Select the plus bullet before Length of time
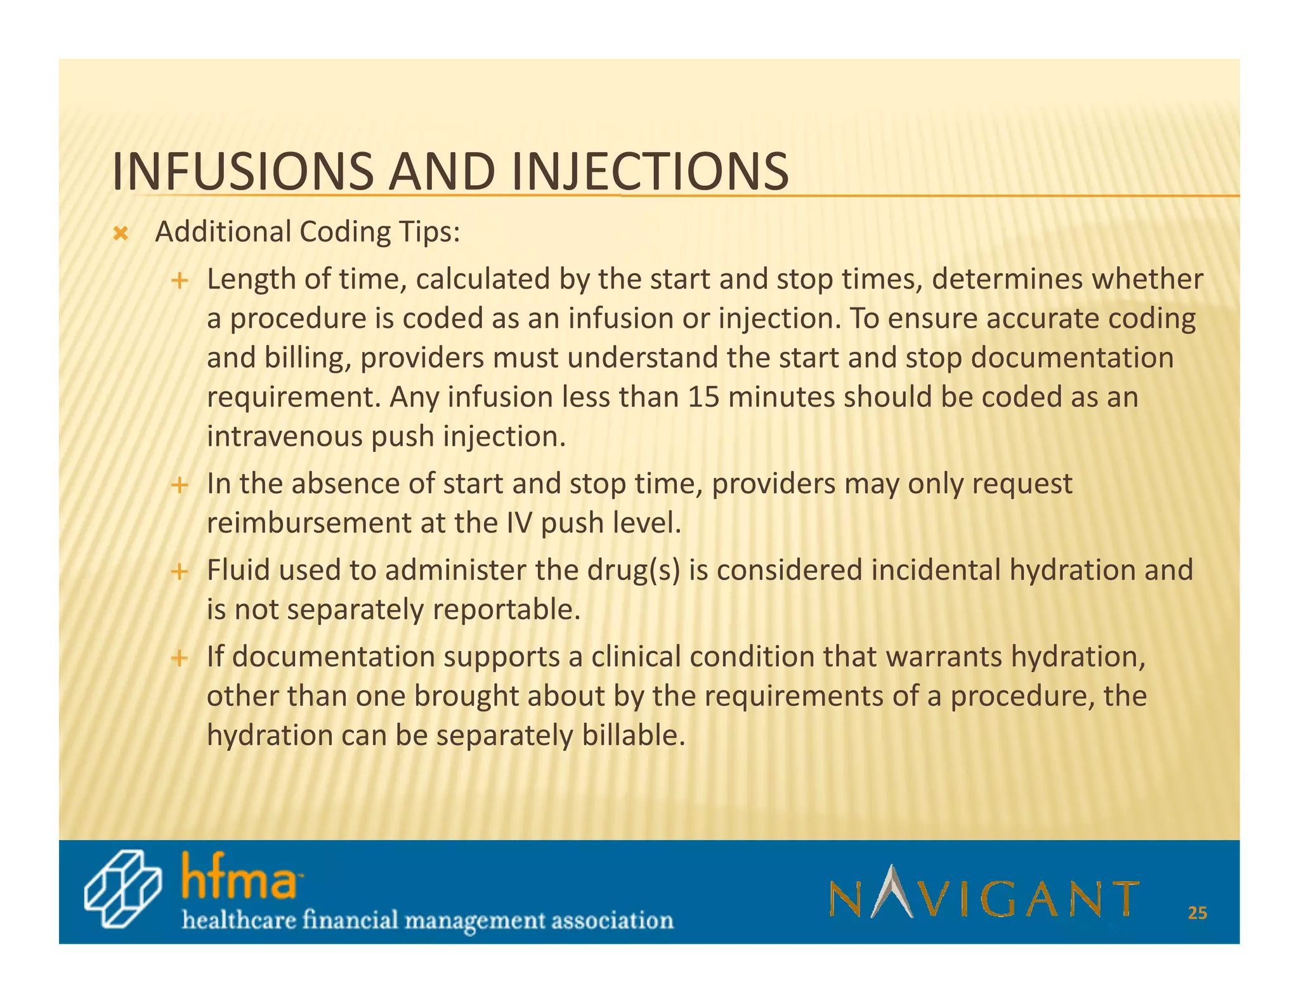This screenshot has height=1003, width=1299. (180, 280)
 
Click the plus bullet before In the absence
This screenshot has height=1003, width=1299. (180, 486)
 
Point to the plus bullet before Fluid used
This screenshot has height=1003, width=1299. (180, 572)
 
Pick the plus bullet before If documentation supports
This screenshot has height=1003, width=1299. (180, 658)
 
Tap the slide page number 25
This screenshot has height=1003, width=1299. (1197, 913)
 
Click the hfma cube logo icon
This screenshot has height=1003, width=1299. (122, 890)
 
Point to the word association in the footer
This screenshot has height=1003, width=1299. (612, 919)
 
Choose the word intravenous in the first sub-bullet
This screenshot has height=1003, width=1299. (285, 437)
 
